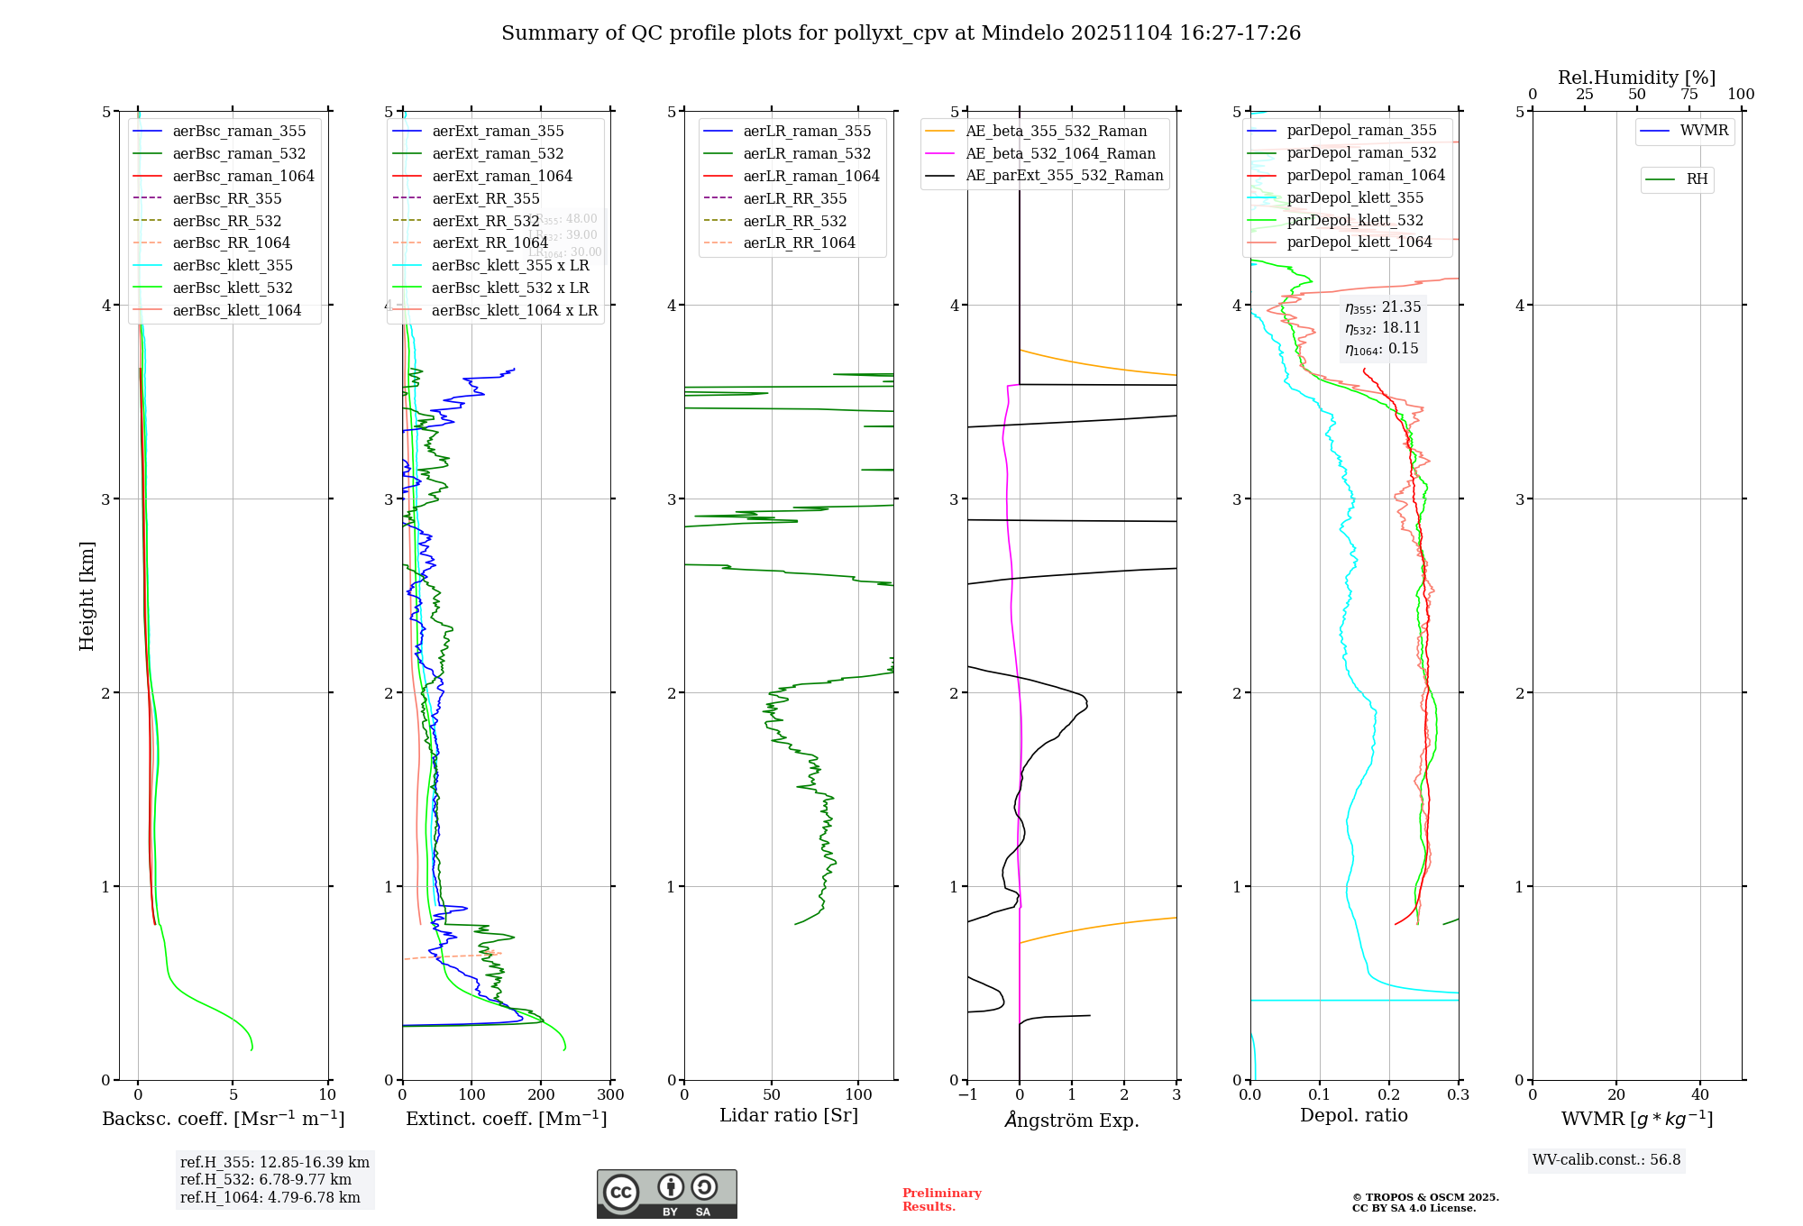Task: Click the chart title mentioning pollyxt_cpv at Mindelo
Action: (901, 33)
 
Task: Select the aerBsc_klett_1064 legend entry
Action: (237, 310)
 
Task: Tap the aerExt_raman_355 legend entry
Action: (498, 132)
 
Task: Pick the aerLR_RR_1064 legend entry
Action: (799, 242)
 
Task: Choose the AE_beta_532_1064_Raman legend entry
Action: (1060, 153)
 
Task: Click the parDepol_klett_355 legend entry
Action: (1355, 197)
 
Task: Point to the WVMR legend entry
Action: (1704, 131)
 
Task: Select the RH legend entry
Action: (1697, 179)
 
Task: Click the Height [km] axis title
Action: (87, 596)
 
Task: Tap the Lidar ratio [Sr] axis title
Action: (789, 1115)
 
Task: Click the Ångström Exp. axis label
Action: (1072, 1120)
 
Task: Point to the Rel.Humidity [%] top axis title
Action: (1636, 78)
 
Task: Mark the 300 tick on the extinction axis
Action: (611, 1095)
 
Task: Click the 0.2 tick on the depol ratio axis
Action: (1389, 1095)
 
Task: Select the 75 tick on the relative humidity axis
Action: (1689, 95)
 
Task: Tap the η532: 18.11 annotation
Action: (1383, 328)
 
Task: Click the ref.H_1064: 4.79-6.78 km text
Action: (270, 1198)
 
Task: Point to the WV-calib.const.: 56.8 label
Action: (1606, 1160)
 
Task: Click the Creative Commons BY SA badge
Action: (666, 1194)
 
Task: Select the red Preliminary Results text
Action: (941, 1200)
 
